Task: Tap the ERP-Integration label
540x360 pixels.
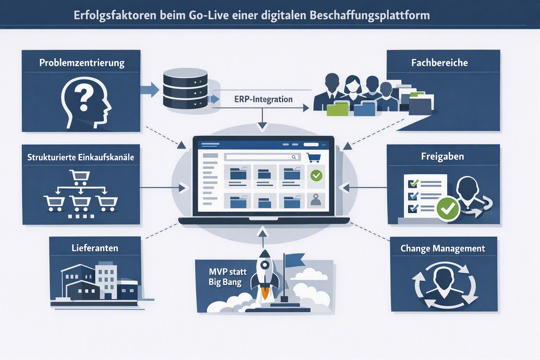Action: pyautogui.click(x=263, y=99)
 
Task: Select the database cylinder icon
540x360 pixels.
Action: pyautogui.click(x=185, y=89)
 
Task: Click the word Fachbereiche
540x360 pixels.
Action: pyautogui.click(x=439, y=63)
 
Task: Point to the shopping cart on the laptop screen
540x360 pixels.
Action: pyautogui.click(x=314, y=157)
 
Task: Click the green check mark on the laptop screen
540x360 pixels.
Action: pyautogui.click(x=316, y=175)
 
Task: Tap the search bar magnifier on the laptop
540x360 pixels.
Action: pyautogui.click(x=294, y=157)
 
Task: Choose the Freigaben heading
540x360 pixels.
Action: pyautogui.click(x=442, y=156)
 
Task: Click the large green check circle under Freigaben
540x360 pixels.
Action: pyautogui.click(x=448, y=209)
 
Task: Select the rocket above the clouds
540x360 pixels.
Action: pyautogui.click(x=265, y=275)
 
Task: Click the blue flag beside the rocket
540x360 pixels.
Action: pyautogui.click(x=294, y=260)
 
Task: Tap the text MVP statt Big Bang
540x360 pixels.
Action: pyautogui.click(x=227, y=277)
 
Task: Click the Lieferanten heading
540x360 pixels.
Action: pyautogui.click(x=95, y=248)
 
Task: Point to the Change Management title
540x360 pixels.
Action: pyautogui.click(x=443, y=248)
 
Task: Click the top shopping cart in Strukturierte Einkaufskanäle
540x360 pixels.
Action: pyautogui.click(x=79, y=177)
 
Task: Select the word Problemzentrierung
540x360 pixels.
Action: pyautogui.click(x=82, y=63)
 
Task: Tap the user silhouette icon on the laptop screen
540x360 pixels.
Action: pyautogui.click(x=316, y=200)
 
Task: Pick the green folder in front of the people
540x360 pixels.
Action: pyautogui.click(x=337, y=109)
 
